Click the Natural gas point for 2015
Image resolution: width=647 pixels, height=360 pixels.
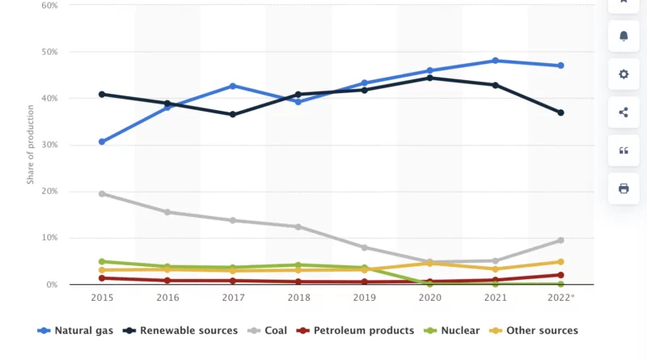102,142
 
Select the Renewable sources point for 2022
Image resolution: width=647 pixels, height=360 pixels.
560,112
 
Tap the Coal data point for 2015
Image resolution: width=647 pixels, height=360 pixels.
102,193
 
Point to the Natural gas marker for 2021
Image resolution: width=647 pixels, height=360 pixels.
495,61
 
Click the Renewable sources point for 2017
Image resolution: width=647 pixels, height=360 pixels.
233,114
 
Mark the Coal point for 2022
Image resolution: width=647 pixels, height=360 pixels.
560,240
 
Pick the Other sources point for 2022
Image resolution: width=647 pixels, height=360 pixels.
560,261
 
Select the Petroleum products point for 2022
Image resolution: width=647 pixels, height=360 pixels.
560,275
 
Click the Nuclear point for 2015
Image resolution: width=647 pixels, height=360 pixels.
102,261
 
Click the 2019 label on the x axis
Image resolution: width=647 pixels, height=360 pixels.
364,298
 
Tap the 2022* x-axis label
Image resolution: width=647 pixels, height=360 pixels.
560,298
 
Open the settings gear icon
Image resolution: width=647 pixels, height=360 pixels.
624,74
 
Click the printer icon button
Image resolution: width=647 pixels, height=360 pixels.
624,188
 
